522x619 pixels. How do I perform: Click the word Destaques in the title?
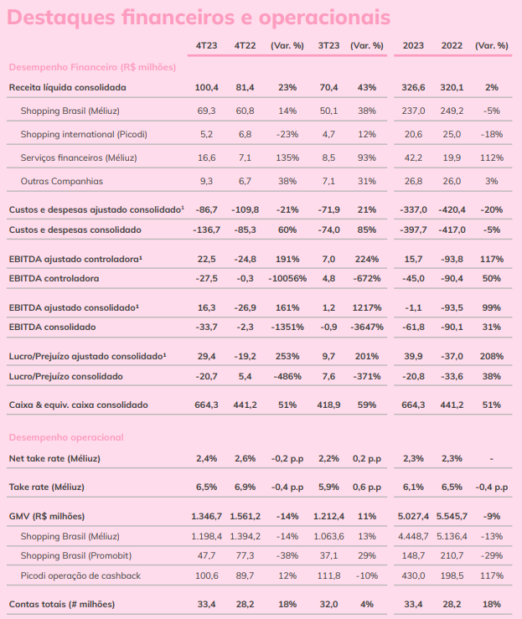pyautogui.click(x=61, y=18)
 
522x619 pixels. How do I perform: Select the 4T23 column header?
pyautogui.click(x=206, y=46)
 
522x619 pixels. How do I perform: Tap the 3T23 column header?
pyautogui.click(x=328, y=46)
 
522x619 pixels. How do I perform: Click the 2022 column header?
pyautogui.click(x=452, y=46)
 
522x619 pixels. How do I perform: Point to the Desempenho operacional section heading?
pyautogui.click(x=66, y=437)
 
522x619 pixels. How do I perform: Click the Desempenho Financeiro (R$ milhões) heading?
pyautogui.click(x=92, y=68)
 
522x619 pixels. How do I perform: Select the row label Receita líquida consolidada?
pyautogui.click(x=68, y=88)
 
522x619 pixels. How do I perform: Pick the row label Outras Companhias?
pyautogui.click(x=62, y=181)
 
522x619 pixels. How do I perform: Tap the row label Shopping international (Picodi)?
pyautogui.click(x=84, y=135)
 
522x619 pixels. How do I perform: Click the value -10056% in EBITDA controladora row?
pyautogui.click(x=287, y=279)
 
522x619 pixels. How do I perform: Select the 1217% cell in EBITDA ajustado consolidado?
pyautogui.click(x=367, y=308)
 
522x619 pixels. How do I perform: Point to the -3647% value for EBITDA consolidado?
pyautogui.click(x=367, y=328)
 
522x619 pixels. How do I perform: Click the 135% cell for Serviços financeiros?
pyautogui.click(x=287, y=158)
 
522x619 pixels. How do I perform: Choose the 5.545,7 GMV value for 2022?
pyautogui.click(x=452, y=516)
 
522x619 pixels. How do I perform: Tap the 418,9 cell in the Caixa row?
pyautogui.click(x=328, y=405)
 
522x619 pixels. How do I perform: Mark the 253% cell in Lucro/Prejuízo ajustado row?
pyautogui.click(x=287, y=357)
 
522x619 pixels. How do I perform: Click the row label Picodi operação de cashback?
pyautogui.click(x=80, y=576)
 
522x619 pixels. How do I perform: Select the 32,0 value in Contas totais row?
pyautogui.click(x=328, y=605)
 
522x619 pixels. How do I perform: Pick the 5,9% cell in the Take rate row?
pyautogui.click(x=328, y=487)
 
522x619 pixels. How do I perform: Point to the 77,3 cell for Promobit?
pyautogui.click(x=245, y=556)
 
